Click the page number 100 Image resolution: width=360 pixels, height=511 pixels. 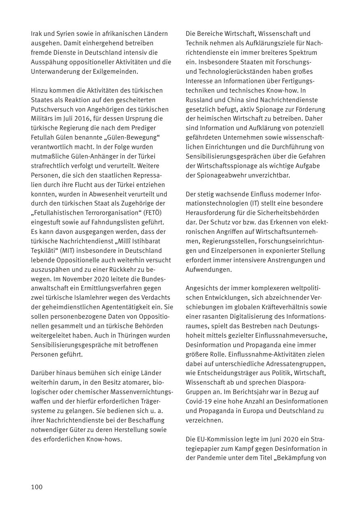click(37, 487)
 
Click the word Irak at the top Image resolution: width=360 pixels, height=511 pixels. click(37, 34)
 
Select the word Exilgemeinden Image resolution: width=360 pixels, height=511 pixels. click(118, 71)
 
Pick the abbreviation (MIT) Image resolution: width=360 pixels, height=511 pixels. click(79, 251)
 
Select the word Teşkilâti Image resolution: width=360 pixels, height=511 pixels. click(45, 251)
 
